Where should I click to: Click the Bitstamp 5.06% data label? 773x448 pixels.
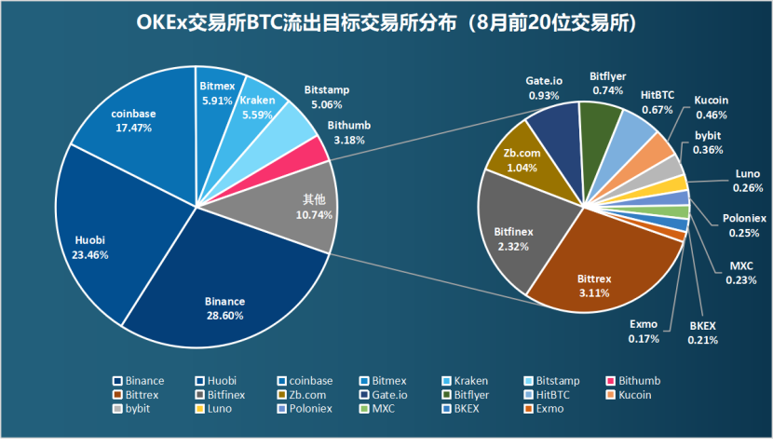[x=326, y=97]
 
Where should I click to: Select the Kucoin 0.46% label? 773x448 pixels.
[x=711, y=107]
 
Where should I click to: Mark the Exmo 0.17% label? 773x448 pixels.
[x=644, y=331]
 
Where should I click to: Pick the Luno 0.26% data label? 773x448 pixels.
[x=748, y=181]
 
